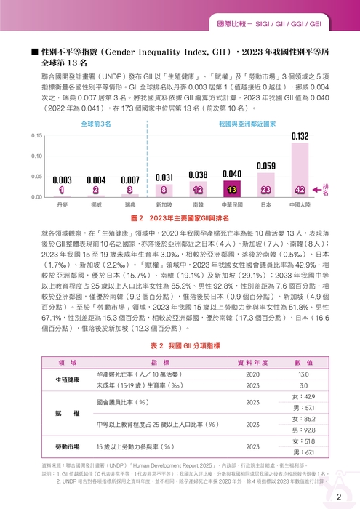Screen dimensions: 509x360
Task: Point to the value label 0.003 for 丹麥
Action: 63,180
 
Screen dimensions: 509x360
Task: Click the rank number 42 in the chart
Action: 300,190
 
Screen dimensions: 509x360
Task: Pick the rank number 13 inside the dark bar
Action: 232,190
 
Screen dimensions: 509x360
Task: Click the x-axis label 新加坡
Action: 164,206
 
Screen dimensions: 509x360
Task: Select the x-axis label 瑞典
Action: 131,206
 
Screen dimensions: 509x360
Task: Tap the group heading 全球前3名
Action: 96,124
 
